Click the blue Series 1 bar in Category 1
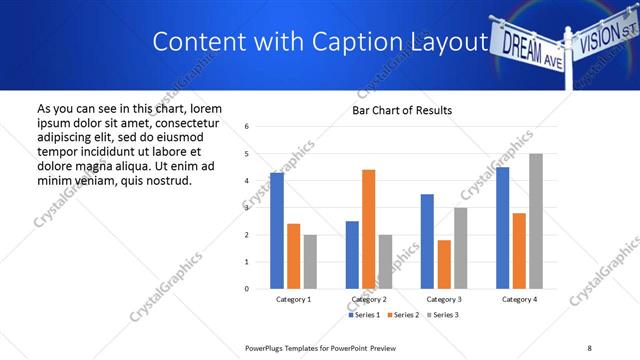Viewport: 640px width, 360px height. (x=277, y=231)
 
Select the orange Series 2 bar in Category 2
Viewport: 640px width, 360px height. (x=368, y=229)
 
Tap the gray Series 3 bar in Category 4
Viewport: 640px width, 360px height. (x=536, y=221)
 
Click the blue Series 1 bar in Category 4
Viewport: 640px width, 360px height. (x=502, y=228)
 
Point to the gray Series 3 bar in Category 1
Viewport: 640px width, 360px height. (x=310, y=262)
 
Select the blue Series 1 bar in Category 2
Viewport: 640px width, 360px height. (x=352, y=255)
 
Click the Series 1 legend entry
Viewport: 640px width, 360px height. (x=365, y=316)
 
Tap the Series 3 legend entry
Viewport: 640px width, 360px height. (x=444, y=316)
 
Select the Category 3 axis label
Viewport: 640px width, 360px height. (x=444, y=300)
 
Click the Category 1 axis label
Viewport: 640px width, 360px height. (x=293, y=300)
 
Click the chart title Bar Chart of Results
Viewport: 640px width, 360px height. (x=402, y=110)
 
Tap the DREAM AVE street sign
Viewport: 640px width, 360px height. (x=530, y=46)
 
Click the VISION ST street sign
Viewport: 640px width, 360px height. (x=604, y=38)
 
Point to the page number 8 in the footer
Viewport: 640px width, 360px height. (x=589, y=346)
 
